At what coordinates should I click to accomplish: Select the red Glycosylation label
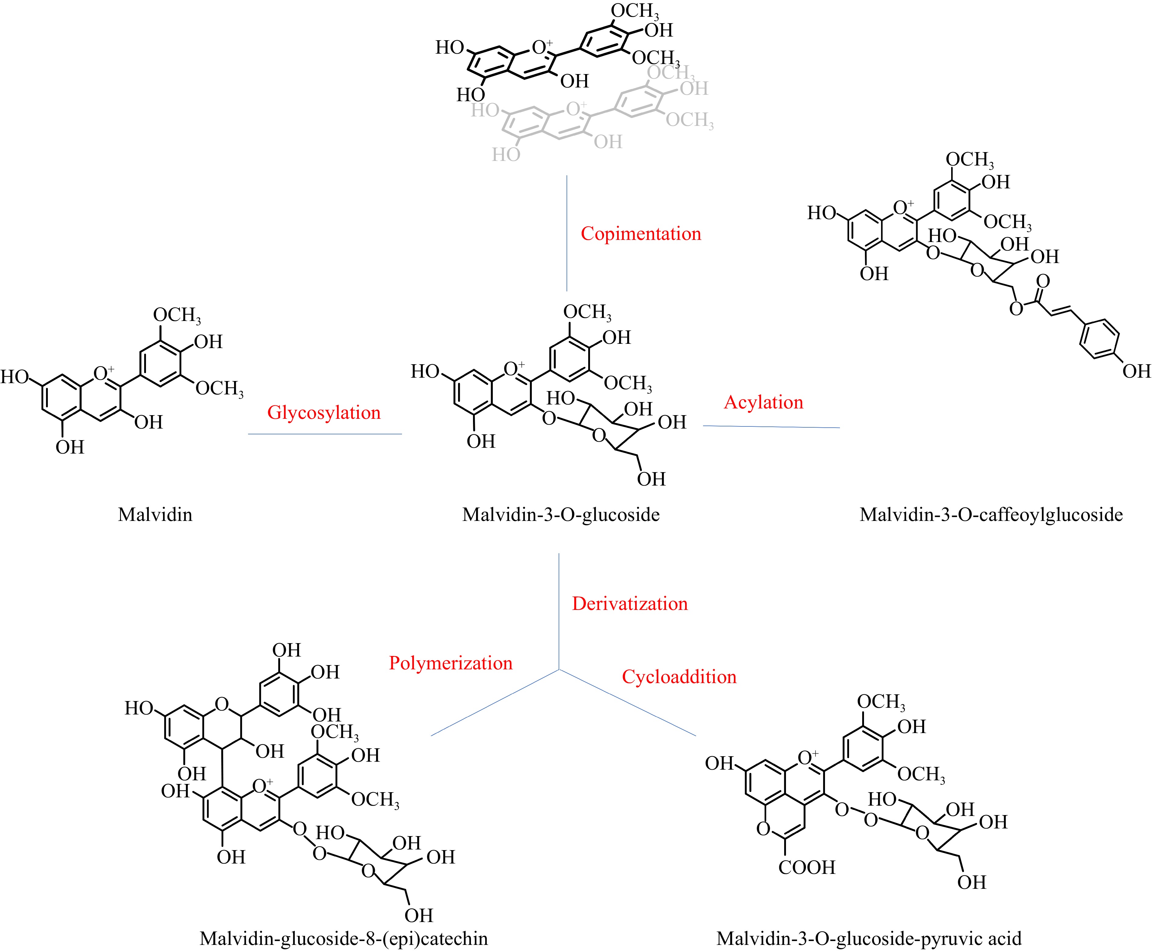point(324,412)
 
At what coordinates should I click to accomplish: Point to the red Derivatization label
point(629,604)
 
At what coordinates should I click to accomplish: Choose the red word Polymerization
point(450,663)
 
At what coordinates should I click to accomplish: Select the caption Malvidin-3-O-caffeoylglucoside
point(991,515)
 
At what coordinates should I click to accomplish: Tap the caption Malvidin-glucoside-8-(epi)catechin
point(343,939)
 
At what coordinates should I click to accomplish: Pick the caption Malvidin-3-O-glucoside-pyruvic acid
point(869,939)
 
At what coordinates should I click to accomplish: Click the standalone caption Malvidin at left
point(155,515)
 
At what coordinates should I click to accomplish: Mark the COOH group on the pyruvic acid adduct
point(806,868)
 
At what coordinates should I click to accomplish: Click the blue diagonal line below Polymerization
point(495,703)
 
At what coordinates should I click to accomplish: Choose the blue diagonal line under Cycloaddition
point(627,703)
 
